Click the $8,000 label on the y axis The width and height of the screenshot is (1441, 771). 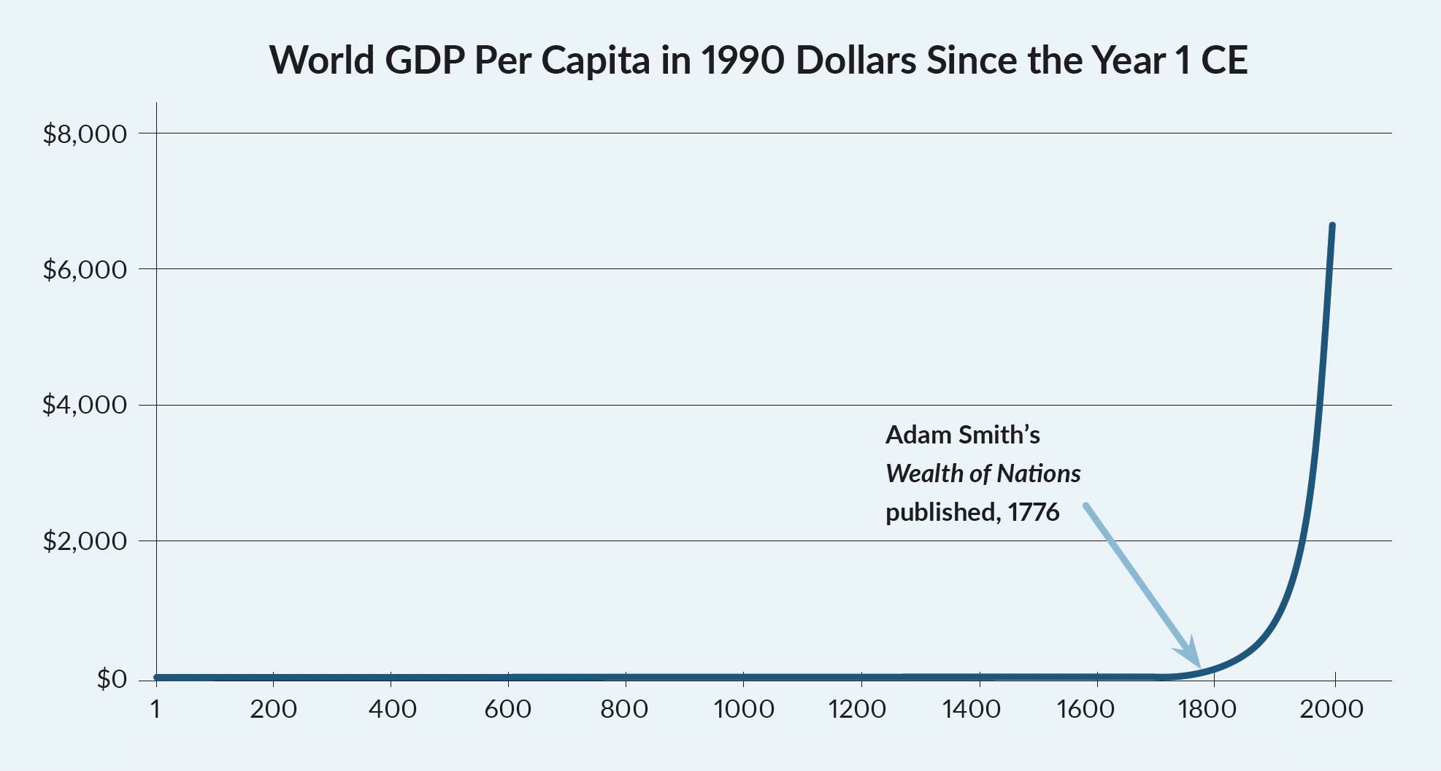(x=85, y=134)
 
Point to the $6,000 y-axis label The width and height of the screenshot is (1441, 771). (x=85, y=270)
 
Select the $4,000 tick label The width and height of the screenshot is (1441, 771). (x=85, y=405)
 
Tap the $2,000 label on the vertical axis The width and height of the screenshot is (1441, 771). (x=85, y=541)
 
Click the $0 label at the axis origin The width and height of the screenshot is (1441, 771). (x=112, y=679)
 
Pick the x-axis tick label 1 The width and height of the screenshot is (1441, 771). (x=155, y=709)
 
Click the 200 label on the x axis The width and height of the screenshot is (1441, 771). (x=273, y=709)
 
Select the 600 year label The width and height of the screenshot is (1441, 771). (x=508, y=709)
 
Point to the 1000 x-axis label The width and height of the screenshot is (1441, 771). (x=743, y=709)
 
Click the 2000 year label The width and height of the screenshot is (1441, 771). (x=1331, y=709)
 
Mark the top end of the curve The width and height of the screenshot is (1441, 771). (x=1332, y=226)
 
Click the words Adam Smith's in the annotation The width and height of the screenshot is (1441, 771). (x=962, y=435)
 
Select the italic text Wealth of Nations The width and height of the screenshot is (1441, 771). (x=983, y=474)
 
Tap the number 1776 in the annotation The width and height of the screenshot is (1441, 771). (x=1033, y=513)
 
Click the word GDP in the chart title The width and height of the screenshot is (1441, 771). (x=425, y=61)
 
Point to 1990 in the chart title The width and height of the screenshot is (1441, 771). (x=742, y=61)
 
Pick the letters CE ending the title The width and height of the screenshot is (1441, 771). (x=1223, y=61)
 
